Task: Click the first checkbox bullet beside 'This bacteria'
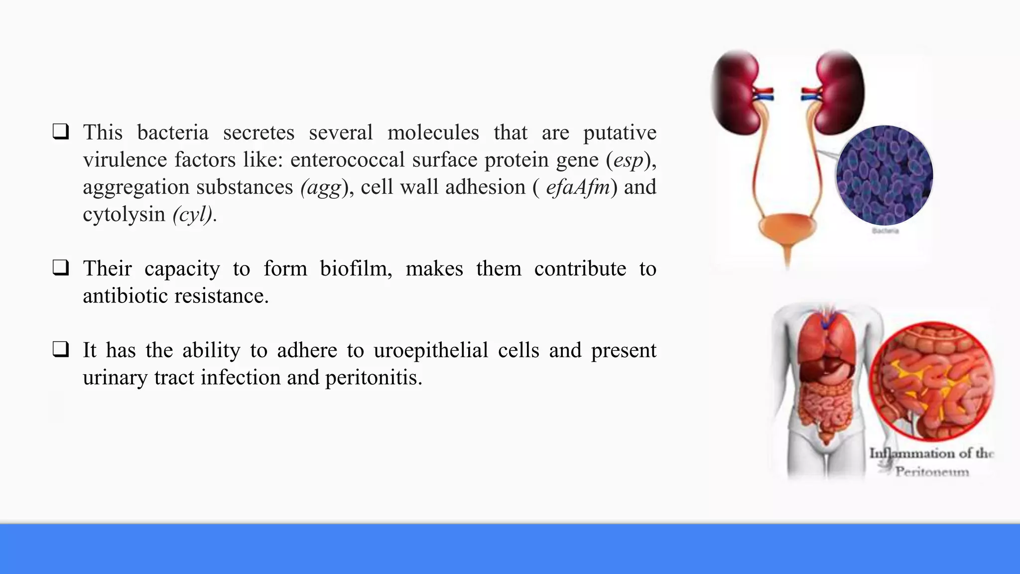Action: (x=61, y=132)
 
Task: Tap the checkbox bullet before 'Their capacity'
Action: (x=61, y=268)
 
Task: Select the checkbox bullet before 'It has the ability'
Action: (x=61, y=350)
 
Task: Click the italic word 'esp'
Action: (x=629, y=160)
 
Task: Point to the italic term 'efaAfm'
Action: (x=578, y=187)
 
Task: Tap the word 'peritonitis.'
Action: (x=374, y=378)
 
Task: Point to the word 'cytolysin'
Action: (x=124, y=214)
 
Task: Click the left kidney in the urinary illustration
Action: (x=737, y=93)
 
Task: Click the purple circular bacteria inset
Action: (x=884, y=175)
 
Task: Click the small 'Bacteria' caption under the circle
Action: (x=885, y=231)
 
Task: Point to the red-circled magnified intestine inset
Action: (x=931, y=381)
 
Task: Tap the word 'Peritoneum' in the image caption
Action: (x=932, y=471)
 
